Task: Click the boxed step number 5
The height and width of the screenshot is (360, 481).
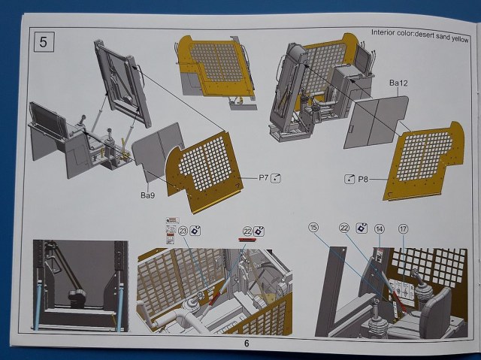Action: (x=43, y=41)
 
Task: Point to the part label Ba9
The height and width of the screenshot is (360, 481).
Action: (x=149, y=195)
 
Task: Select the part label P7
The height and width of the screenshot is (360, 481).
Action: (x=263, y=178)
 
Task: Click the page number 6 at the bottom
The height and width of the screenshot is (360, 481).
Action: (x=245, y=343)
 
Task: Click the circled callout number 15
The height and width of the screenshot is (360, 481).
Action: (x=313, y=227)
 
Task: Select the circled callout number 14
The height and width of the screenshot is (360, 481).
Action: (x=380, y=228)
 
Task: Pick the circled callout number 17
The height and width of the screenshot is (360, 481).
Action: (x=404, y=228)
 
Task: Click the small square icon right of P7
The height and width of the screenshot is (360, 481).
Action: (x=276, y=178)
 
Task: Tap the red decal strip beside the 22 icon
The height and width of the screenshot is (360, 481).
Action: (x=247, y=241)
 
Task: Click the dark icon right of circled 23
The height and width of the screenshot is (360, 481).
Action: (x=195, y=231)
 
